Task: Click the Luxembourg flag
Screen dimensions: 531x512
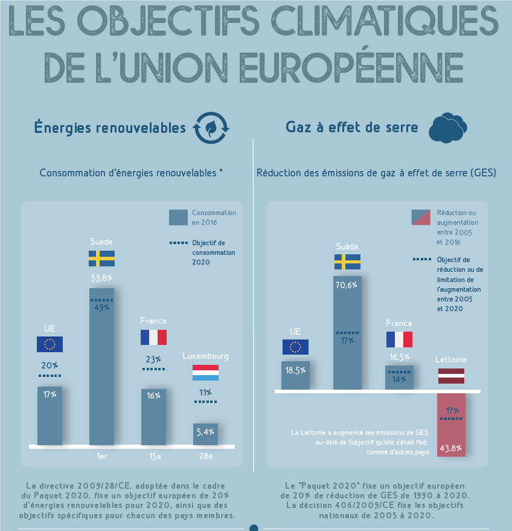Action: [x=205, y=373]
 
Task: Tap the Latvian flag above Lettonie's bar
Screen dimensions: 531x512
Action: [x=451, y=376]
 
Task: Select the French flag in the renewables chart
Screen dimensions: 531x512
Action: [x=153, y=337]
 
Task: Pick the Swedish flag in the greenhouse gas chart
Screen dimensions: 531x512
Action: [x=347, y=262]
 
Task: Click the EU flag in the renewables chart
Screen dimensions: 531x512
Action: [x=50, y=344]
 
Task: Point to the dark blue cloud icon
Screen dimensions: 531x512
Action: [x=449, y=127]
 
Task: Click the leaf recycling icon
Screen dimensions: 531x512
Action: [x=211, y=127]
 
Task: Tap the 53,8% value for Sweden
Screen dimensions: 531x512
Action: [x=101, y=278]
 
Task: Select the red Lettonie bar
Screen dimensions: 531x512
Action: [x=451, y=425]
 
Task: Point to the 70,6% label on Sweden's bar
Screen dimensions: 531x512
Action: [x=347, y=285]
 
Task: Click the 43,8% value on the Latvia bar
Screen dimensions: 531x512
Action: [x=451, y=448]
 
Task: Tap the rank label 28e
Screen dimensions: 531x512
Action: [x=205, y=456]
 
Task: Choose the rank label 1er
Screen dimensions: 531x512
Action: [x=101, y=456]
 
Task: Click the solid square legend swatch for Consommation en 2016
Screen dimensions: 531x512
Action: [x=178, y=217]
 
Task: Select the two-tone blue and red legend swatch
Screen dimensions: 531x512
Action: [x=421, y=217]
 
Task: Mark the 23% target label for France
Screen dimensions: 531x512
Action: [x=153, y=359]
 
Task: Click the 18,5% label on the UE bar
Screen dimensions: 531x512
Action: [x=295, y=370]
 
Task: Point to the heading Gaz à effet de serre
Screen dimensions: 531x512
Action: [x=352, y=127]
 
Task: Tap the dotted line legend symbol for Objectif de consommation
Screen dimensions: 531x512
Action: [x=178, y=243]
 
